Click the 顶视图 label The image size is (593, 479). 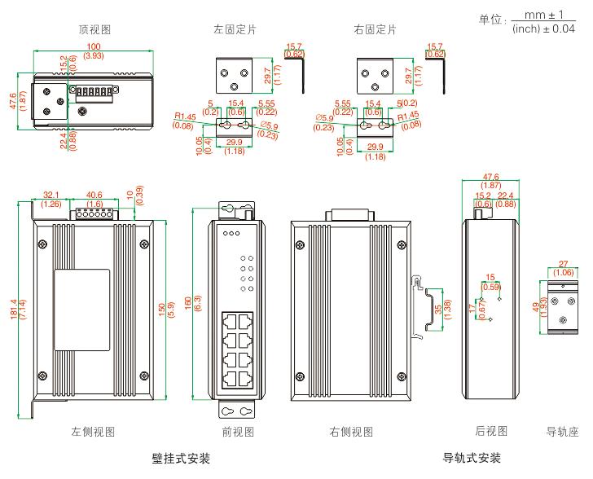click(x=94, y=29)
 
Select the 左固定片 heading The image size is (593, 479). click(x=235, y=29)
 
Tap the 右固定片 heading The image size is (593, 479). click(x=376, y=29)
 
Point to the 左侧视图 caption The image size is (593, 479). click(x=92, y=431)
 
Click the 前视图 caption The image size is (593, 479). click(x=239, y=431)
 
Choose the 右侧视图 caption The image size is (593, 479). click(x=351, y=431)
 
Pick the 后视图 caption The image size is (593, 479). click(x=491, y=430)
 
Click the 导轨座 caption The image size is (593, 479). click(x=561, y=431)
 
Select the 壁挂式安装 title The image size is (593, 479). click(x=181, y=458)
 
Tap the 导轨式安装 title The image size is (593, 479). click(x=472, y=458)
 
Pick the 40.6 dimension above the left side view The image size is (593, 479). click(x=94, y=195)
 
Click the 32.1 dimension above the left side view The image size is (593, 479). click(x=51, y=195)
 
